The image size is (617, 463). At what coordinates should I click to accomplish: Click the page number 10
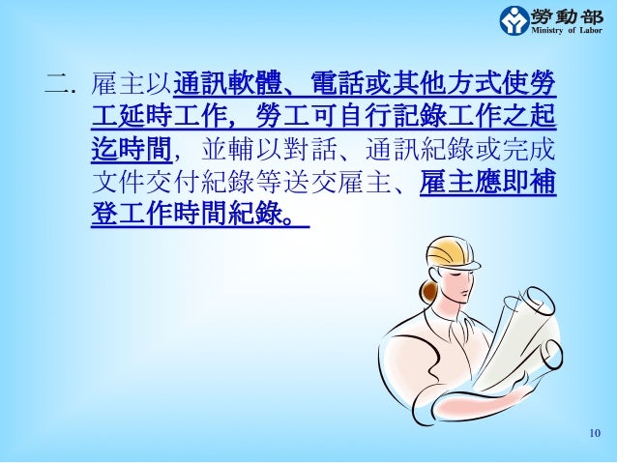[x=594, y=432]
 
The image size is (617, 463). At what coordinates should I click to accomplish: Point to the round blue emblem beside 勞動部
[x=514, y=19]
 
